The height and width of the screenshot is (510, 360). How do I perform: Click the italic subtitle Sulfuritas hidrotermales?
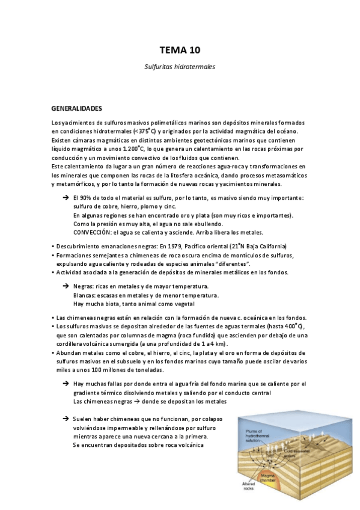coord(180,67)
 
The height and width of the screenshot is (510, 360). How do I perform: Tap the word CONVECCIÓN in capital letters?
coord(93,232)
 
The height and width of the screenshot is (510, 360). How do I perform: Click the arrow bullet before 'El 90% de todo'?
coord(66,198)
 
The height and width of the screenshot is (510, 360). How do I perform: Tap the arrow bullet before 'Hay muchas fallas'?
coord(66,384)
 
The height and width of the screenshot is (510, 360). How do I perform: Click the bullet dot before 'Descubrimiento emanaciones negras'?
coord(53,247)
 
